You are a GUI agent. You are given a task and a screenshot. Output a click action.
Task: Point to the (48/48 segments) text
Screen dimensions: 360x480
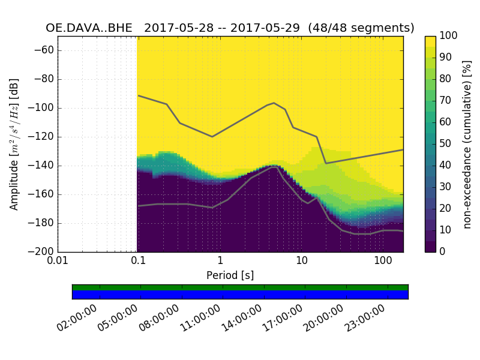point(362,28)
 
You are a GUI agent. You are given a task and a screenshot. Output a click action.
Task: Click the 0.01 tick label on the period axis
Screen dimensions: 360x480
point(58,261)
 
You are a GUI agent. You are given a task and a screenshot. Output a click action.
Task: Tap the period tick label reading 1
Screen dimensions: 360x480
point(220,261)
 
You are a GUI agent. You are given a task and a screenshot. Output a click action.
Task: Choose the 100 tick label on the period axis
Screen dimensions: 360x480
point(383,261)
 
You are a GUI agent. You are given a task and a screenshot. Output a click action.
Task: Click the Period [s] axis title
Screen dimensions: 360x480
point(230,275)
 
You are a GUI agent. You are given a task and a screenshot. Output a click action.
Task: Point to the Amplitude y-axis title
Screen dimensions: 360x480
point(14,144)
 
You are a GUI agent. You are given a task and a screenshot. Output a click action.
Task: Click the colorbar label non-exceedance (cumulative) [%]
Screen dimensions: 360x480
point(468,144)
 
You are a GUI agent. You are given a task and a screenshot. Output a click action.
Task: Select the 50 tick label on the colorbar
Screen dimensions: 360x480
point(446,143)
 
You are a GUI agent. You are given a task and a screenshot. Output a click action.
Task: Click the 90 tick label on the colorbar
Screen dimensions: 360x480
point(446,58)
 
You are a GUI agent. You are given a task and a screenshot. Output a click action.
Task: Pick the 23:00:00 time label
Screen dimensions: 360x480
point(365,318)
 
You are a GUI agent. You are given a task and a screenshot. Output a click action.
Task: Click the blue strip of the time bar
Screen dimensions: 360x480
point(240,295)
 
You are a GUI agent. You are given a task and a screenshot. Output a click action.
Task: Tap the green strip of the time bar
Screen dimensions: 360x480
point(240,287)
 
